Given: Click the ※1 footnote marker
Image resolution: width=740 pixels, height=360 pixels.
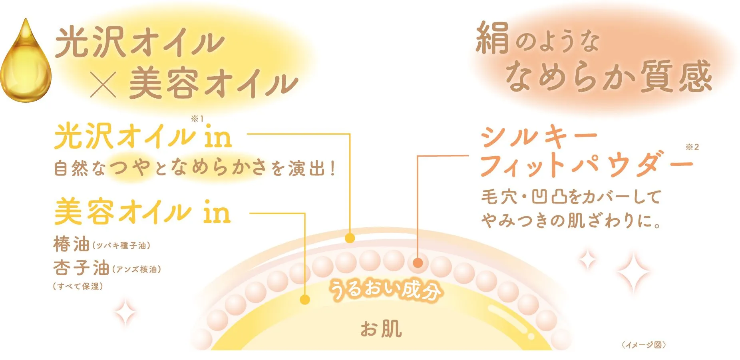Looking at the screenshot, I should (197, 119).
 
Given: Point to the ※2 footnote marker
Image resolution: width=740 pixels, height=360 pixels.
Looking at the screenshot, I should (692, 147).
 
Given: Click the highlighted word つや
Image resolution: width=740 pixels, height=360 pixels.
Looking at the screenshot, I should (130, 167).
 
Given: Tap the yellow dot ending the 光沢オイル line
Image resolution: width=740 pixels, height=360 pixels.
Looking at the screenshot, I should (350, 239).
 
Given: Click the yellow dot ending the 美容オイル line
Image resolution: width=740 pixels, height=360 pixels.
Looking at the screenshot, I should (305, 300).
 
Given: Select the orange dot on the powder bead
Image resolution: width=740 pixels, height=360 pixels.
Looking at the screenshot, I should (418, 263).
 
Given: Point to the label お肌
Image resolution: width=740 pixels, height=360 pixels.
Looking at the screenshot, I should (381, 329).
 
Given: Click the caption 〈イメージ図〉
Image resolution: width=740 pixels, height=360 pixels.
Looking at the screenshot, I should (643, 345).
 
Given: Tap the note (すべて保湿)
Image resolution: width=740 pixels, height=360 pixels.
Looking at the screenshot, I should (78, 286).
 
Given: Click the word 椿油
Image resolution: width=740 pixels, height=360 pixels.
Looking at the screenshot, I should (71, 244).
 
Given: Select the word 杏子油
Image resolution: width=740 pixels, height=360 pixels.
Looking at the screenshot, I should (81, 268).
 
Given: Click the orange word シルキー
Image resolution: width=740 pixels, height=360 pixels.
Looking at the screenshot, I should (539, 137).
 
